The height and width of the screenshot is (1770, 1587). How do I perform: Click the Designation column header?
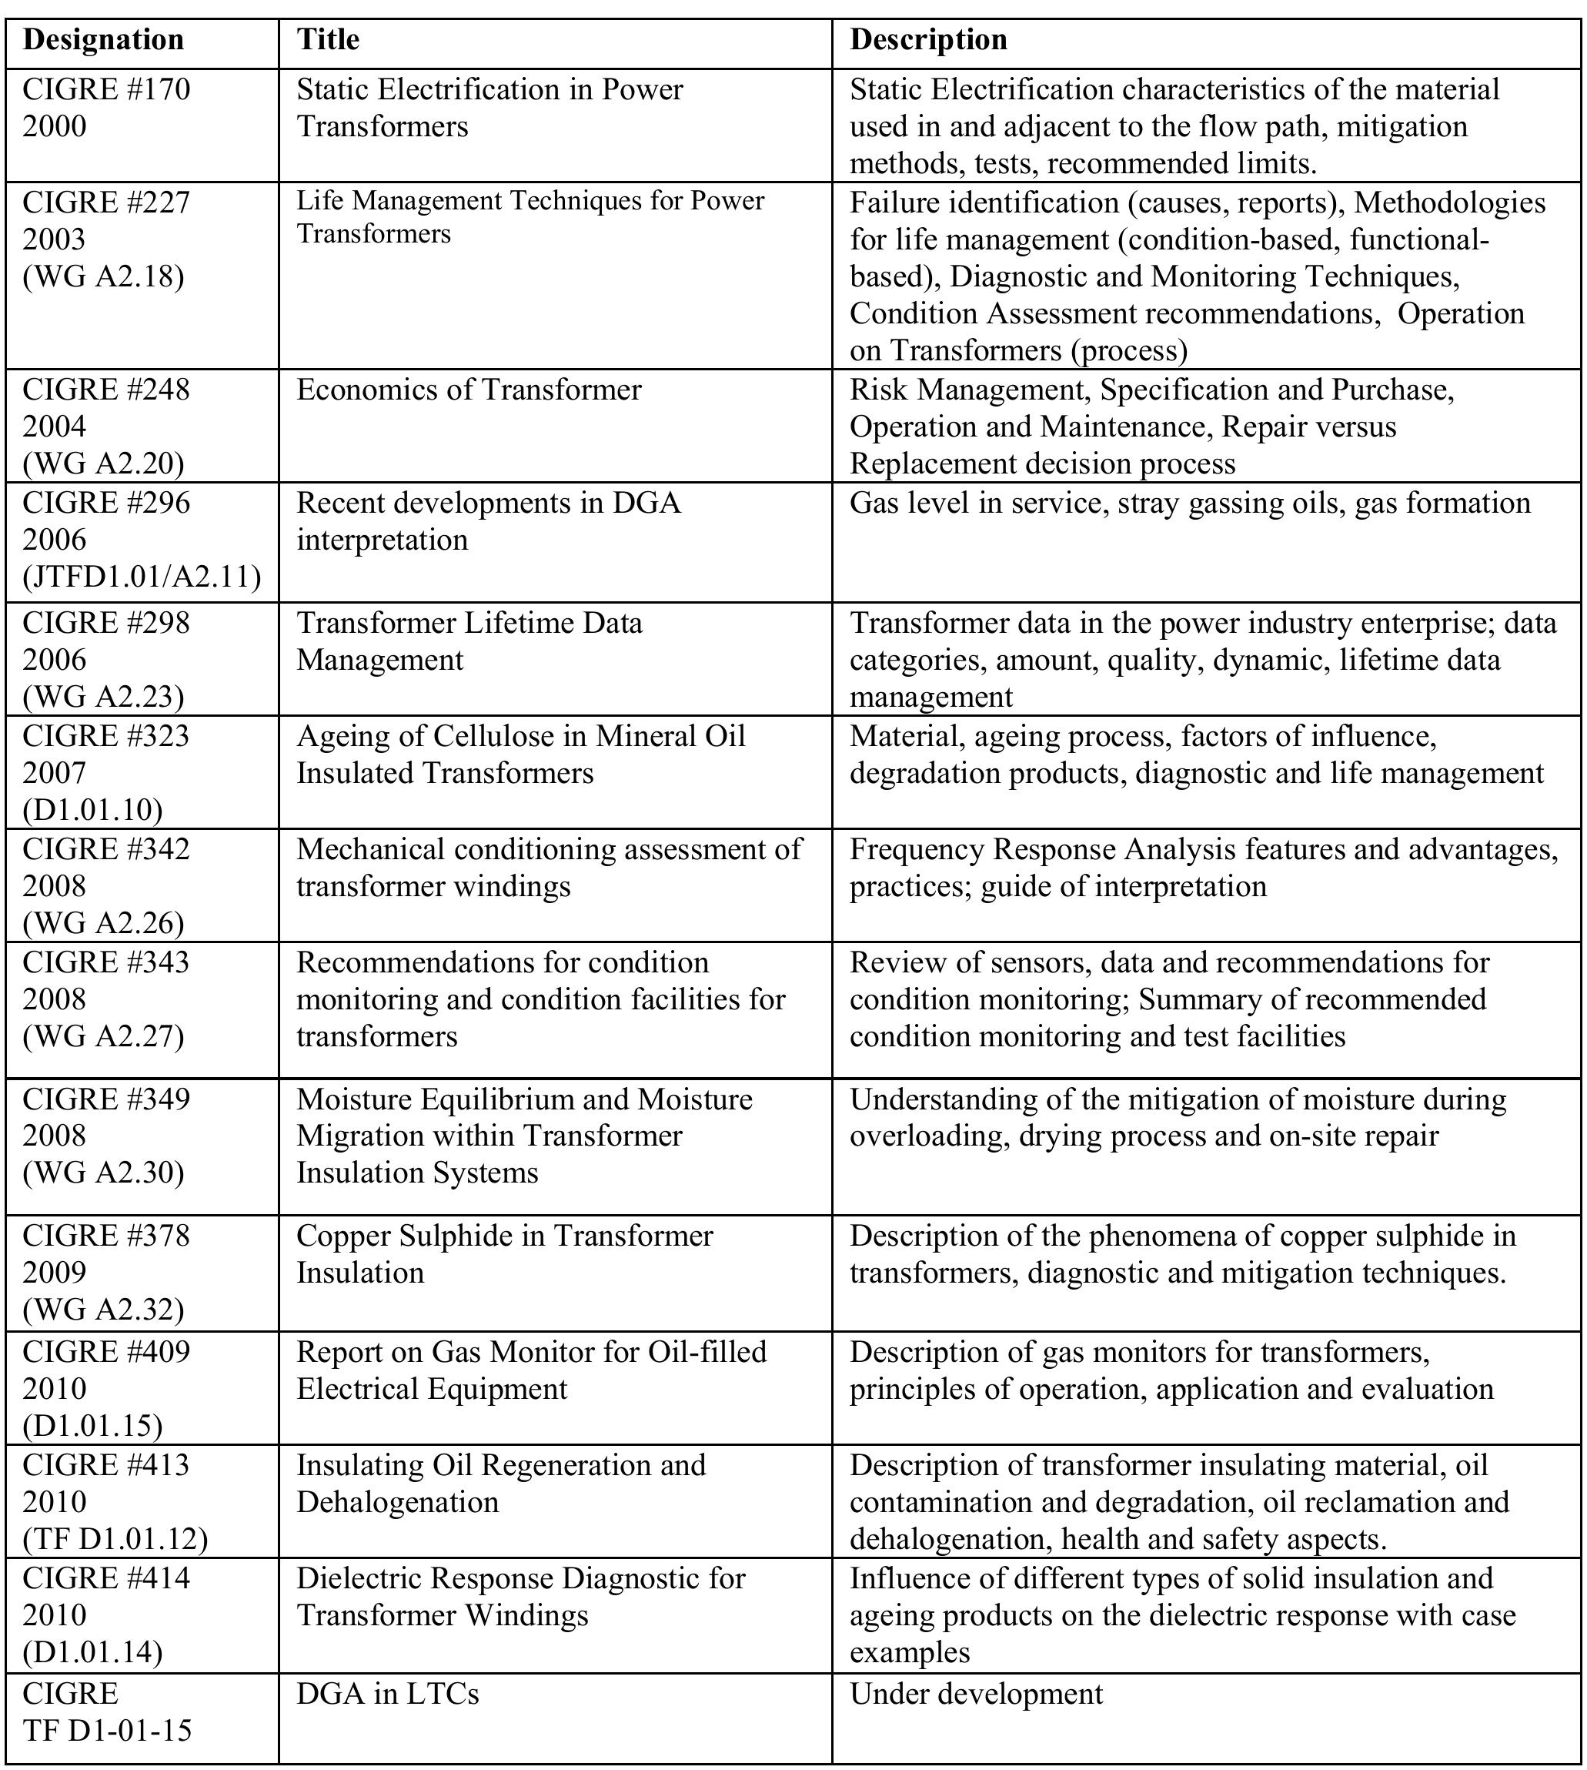click(103, 40)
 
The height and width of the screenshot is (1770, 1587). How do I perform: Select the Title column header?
click(328, 40)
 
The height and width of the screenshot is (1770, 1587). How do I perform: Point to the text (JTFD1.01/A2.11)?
click(142, 577)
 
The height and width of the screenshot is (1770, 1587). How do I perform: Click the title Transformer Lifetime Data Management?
click(469, 641)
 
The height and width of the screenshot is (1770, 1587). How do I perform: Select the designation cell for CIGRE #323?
click(105, 773)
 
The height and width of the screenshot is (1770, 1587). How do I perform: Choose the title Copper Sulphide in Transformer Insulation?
click(504, 1254)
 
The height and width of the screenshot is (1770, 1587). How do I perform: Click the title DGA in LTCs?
click(387, 1693)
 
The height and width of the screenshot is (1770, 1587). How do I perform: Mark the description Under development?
click(976, 1693)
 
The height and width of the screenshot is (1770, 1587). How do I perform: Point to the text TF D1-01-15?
click(106, 1730)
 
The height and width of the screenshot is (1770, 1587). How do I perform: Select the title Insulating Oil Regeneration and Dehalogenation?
click(500, 1484)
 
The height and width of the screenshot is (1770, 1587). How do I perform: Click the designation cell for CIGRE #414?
click(105, 1614)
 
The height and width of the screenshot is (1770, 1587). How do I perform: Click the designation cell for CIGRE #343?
click(105, 999)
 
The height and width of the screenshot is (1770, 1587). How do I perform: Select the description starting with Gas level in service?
click(1189, 504)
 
